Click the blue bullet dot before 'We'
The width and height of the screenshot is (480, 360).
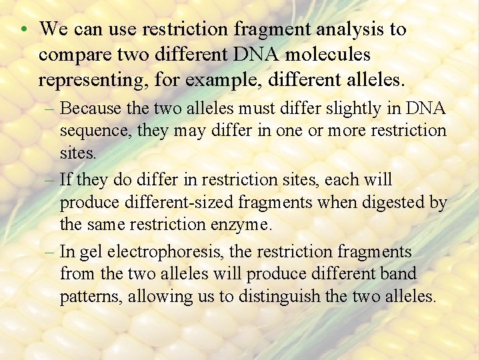[x=23, y=30]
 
